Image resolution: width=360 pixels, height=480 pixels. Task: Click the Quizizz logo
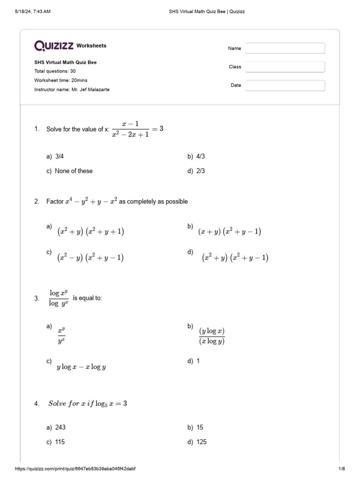(x=53, y=45)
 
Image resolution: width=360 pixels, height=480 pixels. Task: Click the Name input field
(x=285, y=48)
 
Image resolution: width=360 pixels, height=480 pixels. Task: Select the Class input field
(x=285, y=67)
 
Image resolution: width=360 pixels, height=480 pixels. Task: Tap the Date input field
(x=285, y=85)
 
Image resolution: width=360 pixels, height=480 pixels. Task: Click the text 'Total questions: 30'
(x=55, y=71)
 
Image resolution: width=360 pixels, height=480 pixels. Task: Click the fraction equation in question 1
(x=137, y=129)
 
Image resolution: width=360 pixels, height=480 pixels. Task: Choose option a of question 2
(x=90, y=232)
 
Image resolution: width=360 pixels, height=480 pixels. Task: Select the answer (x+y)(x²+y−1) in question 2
(x=229, y=232)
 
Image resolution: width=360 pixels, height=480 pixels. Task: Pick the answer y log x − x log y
(x=81, y=367)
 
